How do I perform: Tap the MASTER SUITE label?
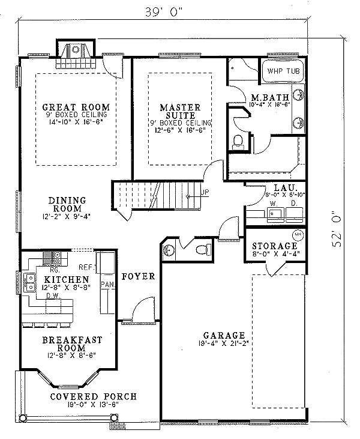tap(179, 112)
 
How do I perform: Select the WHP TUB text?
tap(282, 71)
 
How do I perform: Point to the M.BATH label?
tap(271, 97)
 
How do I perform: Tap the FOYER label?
tap(139, 277)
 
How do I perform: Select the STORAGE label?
tap(274, 246)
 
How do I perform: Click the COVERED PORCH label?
tap(93, 397)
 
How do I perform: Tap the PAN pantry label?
tap(108, 284)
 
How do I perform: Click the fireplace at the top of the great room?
tap(76, 55)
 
